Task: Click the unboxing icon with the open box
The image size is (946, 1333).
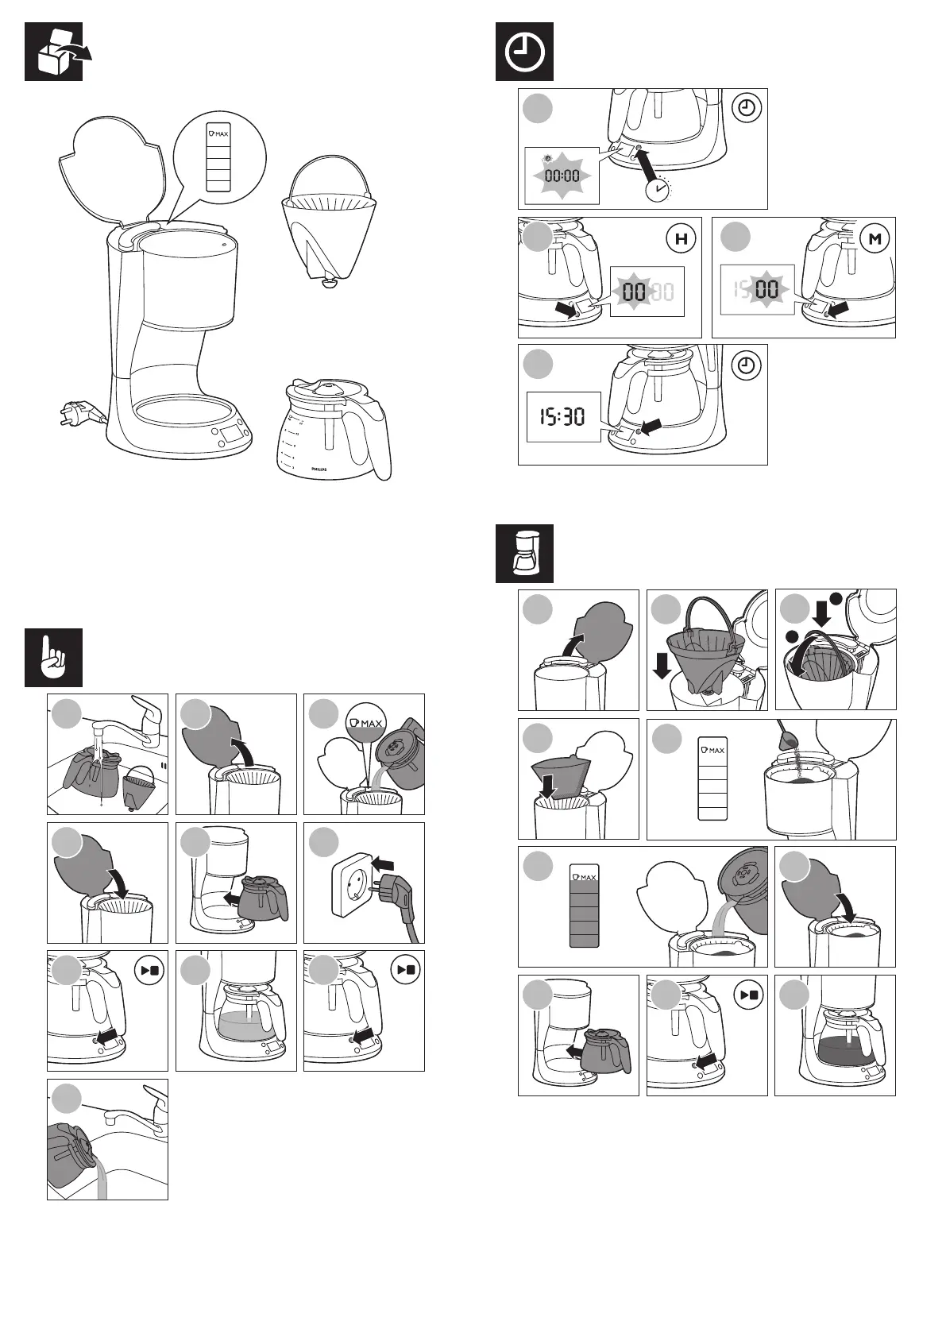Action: tap(53, 52)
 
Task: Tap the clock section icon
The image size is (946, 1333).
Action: tap(524, 52)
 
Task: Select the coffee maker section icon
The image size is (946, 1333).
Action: tap(524, 554)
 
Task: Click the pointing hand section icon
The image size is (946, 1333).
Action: tap(53, 658)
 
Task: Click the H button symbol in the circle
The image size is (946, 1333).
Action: tap(681, 238)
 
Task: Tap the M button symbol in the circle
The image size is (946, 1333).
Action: tap(875, 238)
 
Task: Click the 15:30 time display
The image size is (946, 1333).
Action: tap(562, 415)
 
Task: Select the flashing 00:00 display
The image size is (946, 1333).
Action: tap(561, 176)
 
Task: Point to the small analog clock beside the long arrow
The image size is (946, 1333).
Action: tap(656, 189)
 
